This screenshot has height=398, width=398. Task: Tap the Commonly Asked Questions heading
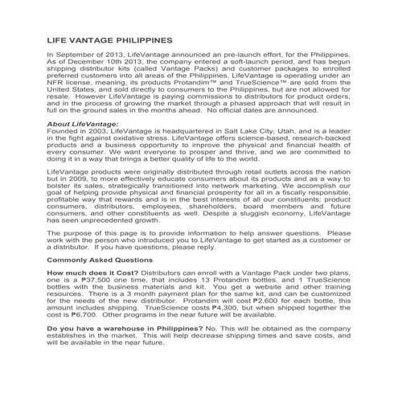click(x=100, y=261)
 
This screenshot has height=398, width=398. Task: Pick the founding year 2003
click(x=103, y=132)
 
